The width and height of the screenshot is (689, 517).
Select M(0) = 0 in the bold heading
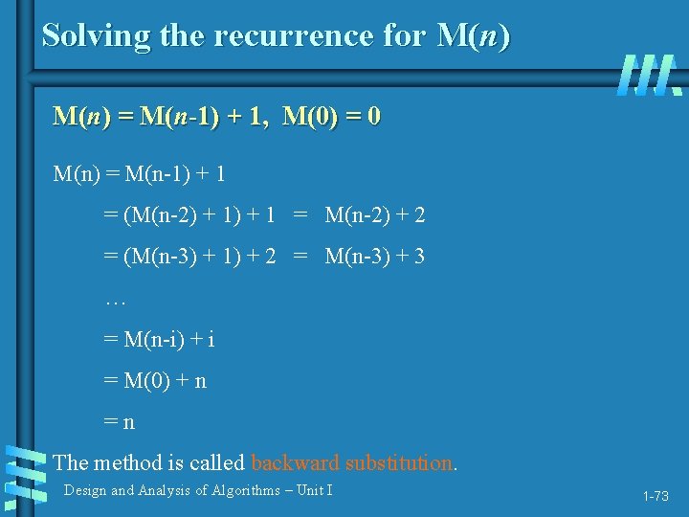pyautogui.click(x=332, y=117)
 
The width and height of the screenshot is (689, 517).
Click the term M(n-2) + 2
pyautogui.click(x=375, y=215)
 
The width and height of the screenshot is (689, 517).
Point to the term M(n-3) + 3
pyautogui.click(x=375, y=257)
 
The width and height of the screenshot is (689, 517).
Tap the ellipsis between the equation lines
pyautogui.click(x=115, y=301)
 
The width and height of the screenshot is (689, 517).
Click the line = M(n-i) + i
pyautogui.click(x=159, y=339)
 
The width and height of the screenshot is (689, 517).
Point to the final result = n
pyautogui.click(x=120, y=420)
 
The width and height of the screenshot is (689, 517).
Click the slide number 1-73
pyautogui.click(x=656, y=496)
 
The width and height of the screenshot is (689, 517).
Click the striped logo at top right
pyautogui.click(x=650, y=75)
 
